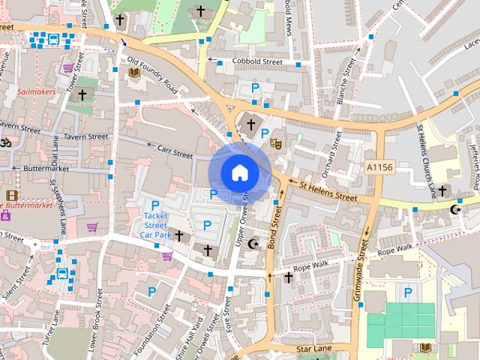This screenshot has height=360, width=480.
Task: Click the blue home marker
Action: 239,172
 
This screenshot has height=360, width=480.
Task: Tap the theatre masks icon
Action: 275,142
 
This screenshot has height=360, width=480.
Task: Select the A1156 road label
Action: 379,166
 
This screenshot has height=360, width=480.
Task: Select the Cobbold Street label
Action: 256,61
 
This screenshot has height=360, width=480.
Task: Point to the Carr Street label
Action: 175,151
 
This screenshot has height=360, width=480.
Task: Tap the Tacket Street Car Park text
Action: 155,225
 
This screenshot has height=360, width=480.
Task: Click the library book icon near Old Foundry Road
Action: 135,72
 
